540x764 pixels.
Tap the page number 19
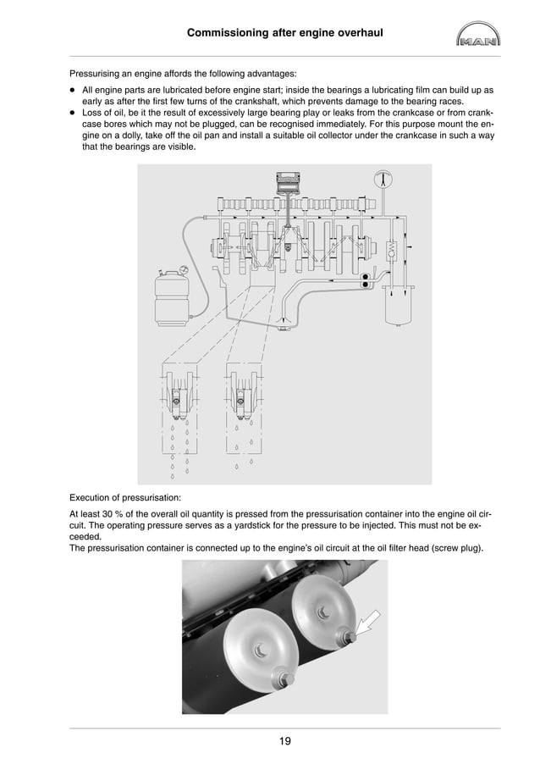pyautogui.click(x=284, y=742)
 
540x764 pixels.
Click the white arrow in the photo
pyautogui.click(x=366, y=626)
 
